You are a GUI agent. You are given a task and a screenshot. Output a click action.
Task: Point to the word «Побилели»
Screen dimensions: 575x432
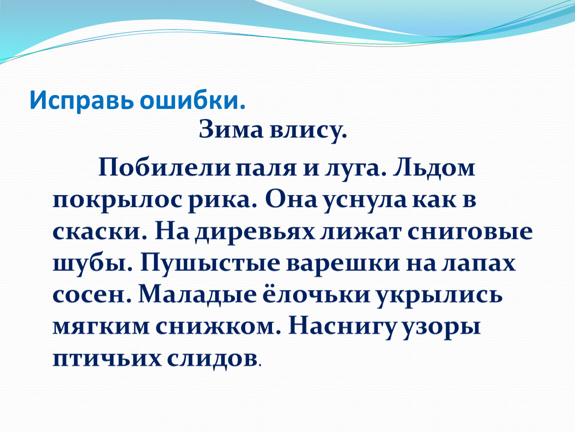point(164,168)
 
